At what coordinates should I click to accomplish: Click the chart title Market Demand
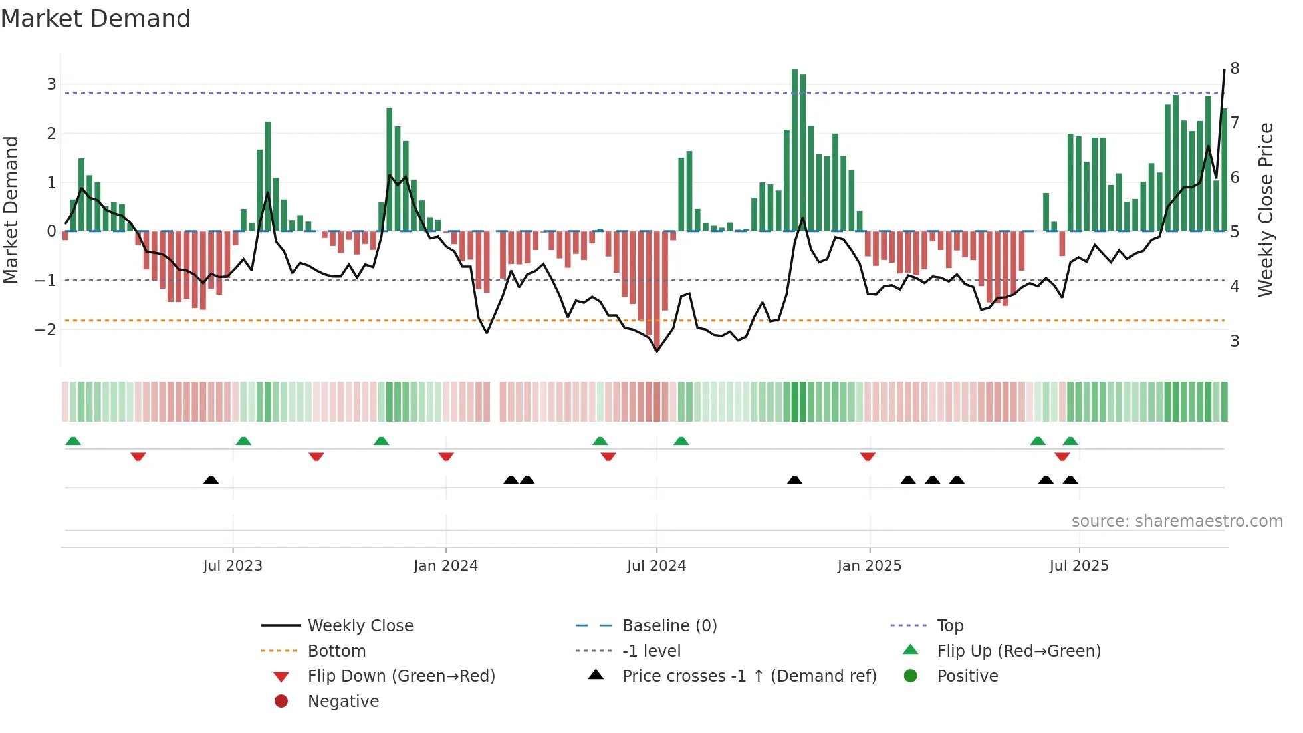[x=96, y=19]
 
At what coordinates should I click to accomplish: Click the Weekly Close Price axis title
[x=1266, y=210]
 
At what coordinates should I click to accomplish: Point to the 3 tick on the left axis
[x=51, y=84]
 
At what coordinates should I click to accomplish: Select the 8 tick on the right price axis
[x=1235, y=69]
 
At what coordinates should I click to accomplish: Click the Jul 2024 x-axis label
[x=656, y=566]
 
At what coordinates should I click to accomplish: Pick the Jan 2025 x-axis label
[x=869, y=566]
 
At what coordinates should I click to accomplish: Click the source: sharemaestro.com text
[x=1177, y=521]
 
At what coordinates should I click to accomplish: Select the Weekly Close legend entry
[x=360, y=626]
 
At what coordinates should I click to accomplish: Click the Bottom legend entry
[x=336, y=651]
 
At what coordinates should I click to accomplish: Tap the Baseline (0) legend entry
[x=669, y=626]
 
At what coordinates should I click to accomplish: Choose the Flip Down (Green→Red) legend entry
[x=401, y=676]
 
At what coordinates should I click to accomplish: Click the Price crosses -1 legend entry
[x=749, y=676]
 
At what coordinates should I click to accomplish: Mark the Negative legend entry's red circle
[x=281, y=702]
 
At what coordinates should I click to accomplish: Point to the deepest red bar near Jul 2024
[x=657, y=289]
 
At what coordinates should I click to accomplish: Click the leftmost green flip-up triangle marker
[x=73, y=441]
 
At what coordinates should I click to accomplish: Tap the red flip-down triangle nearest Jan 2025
[x=867, y=456]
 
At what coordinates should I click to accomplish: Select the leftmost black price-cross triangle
[x=211, y=480]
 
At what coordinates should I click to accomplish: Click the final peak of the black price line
[x=1224, y=70]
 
